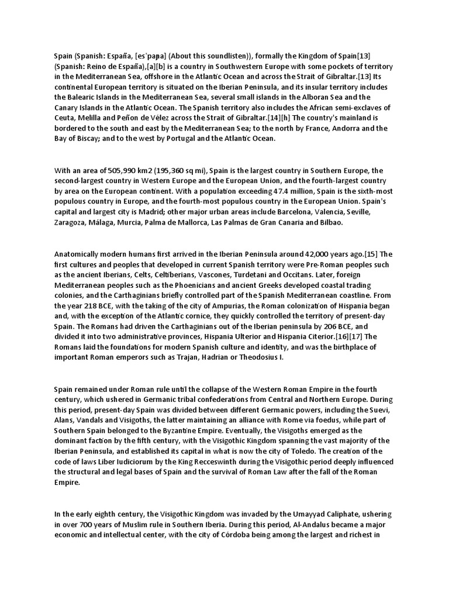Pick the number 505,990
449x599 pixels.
[126, 170]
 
